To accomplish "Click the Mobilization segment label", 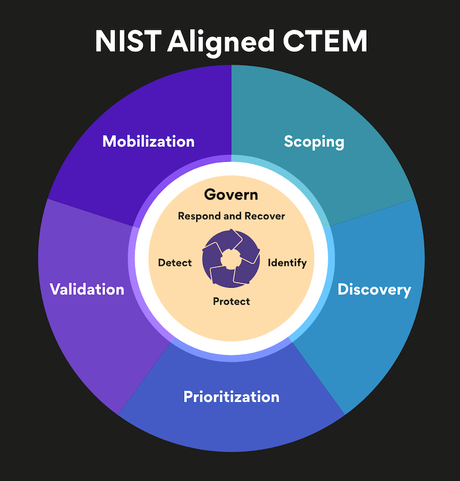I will click(148, 141).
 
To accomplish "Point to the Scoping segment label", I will click(314, 142).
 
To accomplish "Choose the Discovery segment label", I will click(374, 289).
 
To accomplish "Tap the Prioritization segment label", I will click(231, 397).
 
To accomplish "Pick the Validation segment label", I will click(87, 289).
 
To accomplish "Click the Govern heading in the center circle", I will click(231, 194).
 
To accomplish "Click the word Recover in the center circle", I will click(264, 216).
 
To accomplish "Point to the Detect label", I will click(175, 263).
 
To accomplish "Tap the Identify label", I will click(287, 263).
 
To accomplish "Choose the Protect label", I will click(231, 301).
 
